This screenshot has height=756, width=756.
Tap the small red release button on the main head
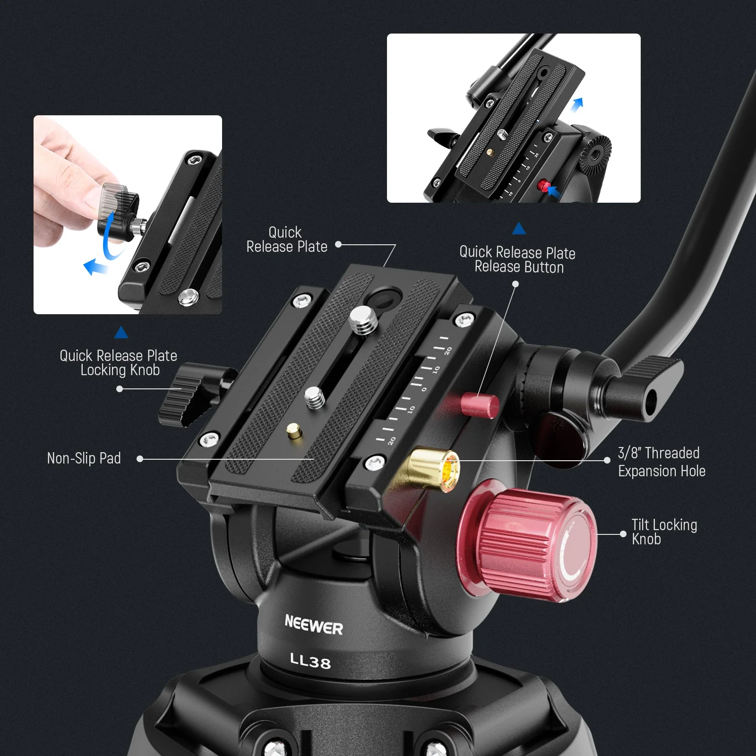(481, 404)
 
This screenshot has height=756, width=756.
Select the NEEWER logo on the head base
(314, 625)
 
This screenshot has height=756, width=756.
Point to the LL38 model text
(310, 661)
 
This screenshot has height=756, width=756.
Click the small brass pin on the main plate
(294, 430)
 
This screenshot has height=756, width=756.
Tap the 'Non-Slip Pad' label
(84, 458)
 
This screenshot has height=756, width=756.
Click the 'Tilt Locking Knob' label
(664, 532)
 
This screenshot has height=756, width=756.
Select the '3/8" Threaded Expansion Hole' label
(661, 462)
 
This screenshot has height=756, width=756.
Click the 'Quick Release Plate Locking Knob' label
(119, 363)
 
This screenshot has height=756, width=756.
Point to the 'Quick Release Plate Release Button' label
(518, 259)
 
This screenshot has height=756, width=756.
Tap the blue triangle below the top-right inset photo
(519, 229)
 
